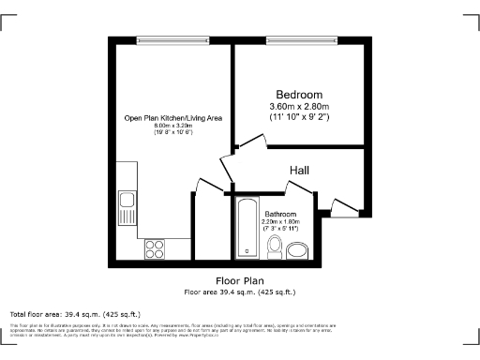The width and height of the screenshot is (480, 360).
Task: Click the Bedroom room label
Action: click(x=299, y=95)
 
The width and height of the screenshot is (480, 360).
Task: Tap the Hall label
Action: click(x=299, y=171)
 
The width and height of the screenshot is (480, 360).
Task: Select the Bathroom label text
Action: click(x=281, y=213)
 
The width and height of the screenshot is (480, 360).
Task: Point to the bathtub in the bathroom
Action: click(x=246, y=228)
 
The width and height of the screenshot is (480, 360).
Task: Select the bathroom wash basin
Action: click(x=298, y=250)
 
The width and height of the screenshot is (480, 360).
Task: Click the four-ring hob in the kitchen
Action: click(x=155, y=249)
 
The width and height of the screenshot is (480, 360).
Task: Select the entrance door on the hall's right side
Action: click(x=342, y=204)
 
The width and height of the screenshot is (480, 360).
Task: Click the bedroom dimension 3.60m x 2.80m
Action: click(x=299, y=108)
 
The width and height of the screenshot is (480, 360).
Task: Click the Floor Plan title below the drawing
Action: click(x=239, y=281)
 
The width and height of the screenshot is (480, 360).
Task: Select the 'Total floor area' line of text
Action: click(x=75, y=313)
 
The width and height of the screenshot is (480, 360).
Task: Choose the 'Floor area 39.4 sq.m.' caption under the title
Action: click(x=239, y=292)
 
